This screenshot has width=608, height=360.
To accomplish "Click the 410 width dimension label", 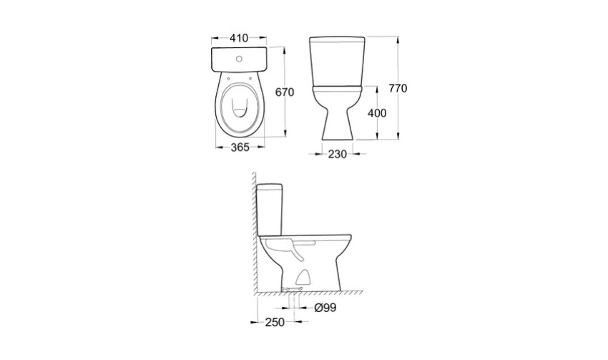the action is [x=238, y=38].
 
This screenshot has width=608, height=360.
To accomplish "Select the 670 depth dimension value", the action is [x=285, y=92].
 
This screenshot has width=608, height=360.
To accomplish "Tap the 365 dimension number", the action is [x=240, y=147].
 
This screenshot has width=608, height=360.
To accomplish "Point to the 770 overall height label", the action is [x=398, y=89].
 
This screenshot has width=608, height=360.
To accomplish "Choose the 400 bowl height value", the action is [x=377, y=113].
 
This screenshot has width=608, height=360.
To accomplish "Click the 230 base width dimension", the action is [x=338, y=155].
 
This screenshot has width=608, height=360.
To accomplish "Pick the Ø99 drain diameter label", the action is [x=325, y=308].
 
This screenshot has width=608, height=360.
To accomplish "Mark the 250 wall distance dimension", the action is [x=275, y=322].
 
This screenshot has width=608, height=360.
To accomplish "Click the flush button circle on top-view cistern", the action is [x=239, y=59].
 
